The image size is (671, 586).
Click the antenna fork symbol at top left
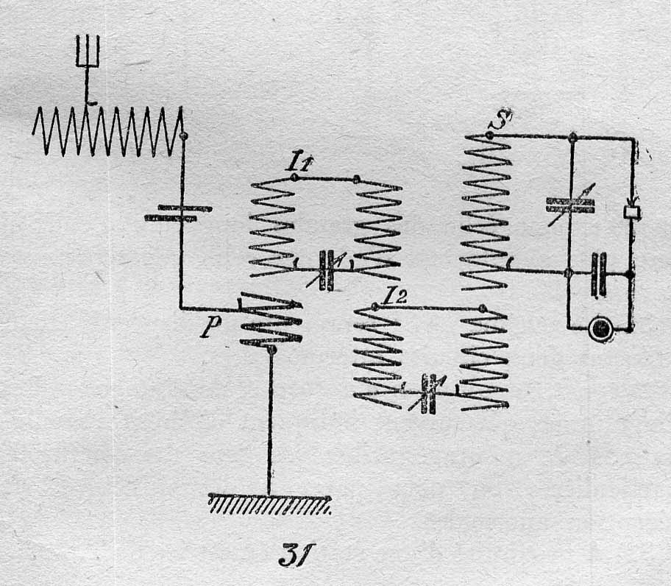88,51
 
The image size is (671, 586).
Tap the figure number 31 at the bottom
296,555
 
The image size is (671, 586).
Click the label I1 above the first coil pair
302,162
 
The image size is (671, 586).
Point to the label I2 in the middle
394,296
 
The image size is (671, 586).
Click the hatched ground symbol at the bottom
269,504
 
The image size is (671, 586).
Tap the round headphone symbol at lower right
602,329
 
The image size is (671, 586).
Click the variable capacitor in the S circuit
570,205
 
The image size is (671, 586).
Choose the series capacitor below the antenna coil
177,213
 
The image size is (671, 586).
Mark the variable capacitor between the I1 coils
327,271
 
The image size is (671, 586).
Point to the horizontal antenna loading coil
108,131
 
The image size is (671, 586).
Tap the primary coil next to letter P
271,318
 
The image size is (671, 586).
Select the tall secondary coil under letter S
486,212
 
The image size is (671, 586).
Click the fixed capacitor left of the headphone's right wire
598,275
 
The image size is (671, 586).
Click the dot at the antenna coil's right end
183,136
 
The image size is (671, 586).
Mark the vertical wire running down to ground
270,424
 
